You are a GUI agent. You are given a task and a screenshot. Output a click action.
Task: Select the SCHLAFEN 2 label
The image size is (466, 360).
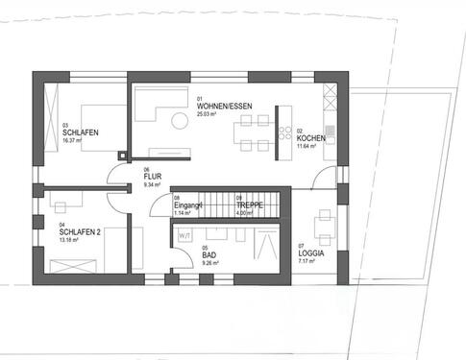[81, 232]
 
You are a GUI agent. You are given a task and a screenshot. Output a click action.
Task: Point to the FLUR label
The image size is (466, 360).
[152, 178]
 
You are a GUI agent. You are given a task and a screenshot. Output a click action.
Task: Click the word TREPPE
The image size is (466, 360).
[249, 205]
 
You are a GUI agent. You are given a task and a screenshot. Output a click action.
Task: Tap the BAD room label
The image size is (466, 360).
[208, 254]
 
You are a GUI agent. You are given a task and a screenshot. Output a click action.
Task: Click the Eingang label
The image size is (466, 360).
[187, 205]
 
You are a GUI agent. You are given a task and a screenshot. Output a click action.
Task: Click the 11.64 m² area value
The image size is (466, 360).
[307, 147]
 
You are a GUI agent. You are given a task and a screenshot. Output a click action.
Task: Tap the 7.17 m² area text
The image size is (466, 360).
[307, 260]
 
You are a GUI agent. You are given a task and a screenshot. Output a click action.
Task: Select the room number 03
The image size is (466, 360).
[64, 125]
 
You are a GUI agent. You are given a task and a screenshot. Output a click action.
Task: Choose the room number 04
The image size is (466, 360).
[61, 225]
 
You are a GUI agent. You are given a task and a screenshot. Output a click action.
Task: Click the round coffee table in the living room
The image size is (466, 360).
[179, 119]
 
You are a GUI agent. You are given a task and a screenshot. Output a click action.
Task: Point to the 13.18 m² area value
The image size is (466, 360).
[69, 240]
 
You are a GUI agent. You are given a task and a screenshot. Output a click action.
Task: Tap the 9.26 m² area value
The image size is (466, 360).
[210, 262]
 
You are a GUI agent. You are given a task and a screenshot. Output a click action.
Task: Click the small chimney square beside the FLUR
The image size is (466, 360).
[122, 156]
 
